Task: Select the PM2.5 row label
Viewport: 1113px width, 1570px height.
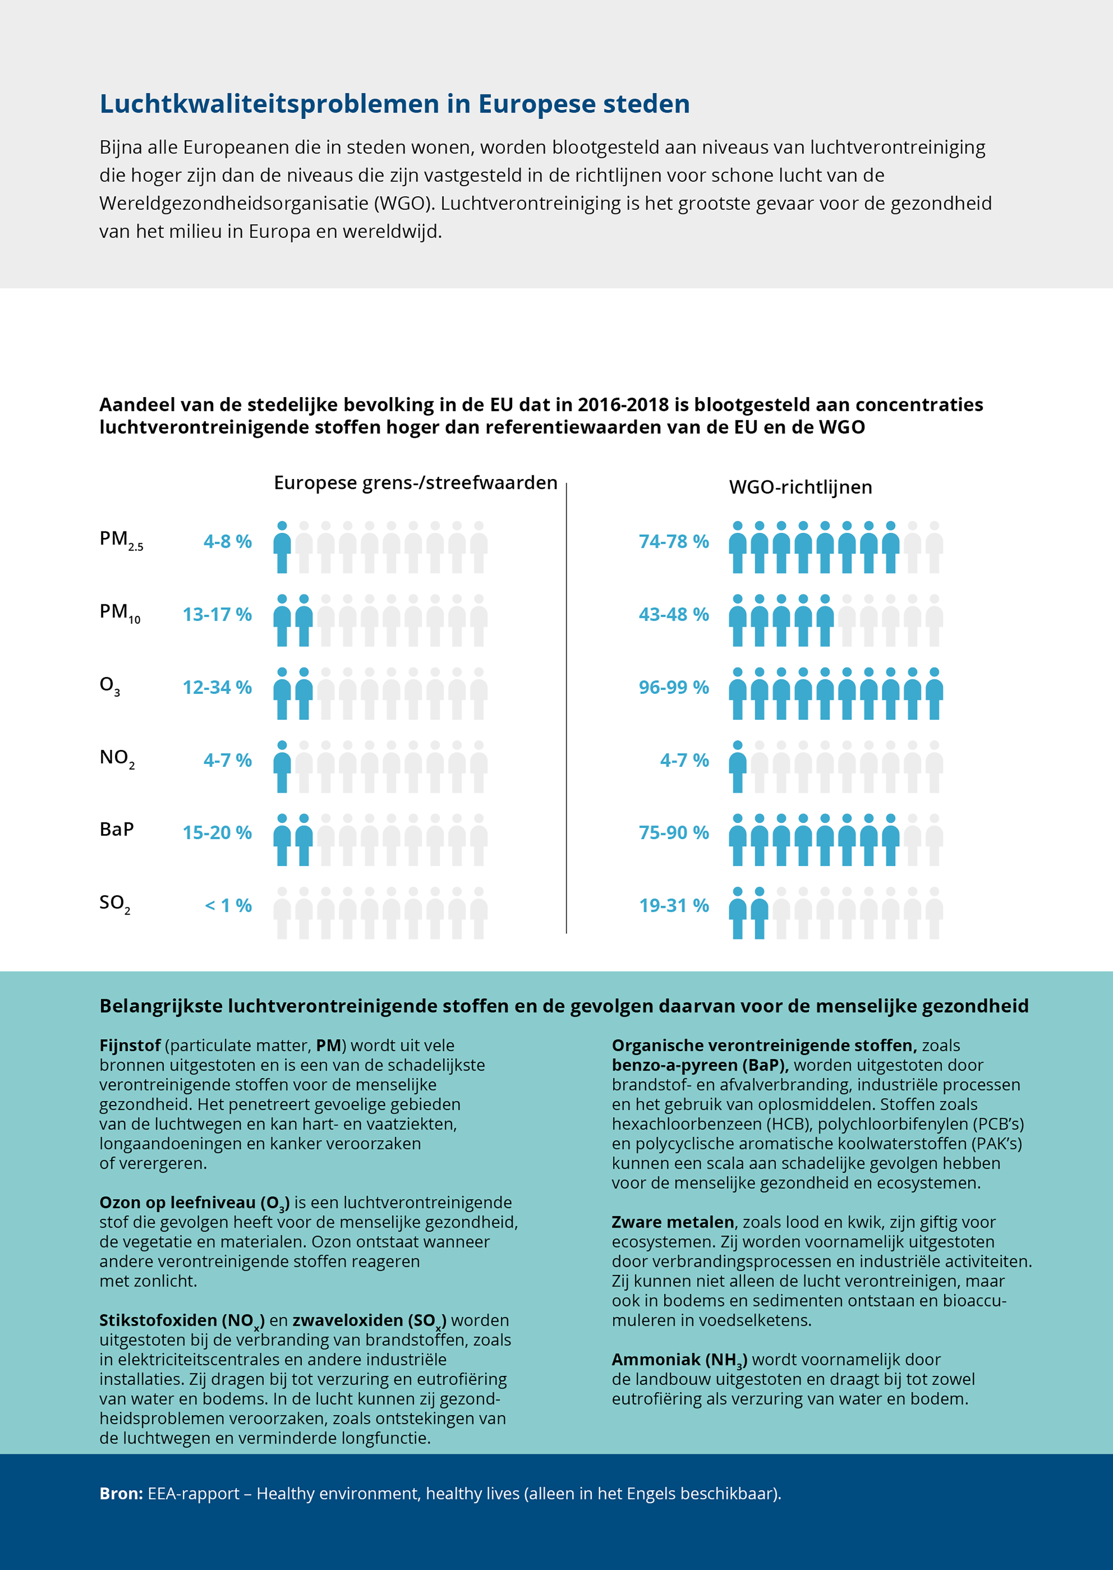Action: (x=121, y=540)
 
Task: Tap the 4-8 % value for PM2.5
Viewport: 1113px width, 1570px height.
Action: (x=227, y=541)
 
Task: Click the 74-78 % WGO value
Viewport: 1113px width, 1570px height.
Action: (x=674, y=541)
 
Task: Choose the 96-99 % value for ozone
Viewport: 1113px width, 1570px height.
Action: (x=674, y=687)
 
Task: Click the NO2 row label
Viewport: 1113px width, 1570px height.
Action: (x=117, y=759)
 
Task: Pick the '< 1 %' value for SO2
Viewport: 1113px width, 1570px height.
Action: (x=228, y=905)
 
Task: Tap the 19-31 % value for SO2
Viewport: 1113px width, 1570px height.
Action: (x=674, y=905)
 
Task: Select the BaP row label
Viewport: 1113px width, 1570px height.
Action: (x=117, y=829)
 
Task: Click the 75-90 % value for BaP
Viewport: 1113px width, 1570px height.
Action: (x=674, y=832)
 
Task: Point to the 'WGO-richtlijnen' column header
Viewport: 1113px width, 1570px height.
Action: (x=800, y=487)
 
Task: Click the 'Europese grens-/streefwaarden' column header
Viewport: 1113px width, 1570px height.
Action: (x=415, y=483)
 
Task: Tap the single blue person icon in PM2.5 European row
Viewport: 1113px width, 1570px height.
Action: (x=282, y=547)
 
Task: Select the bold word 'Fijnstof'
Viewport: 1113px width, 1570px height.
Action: (x=130, y=1045)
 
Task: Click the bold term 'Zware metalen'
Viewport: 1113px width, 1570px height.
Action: (x=672, y=1222)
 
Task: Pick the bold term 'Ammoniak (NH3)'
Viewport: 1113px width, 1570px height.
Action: (x=679, y=1359)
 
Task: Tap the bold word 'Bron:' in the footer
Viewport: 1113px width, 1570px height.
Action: (x=121, y=1493)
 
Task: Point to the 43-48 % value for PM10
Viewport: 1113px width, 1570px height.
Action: (x=674, y=614)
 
